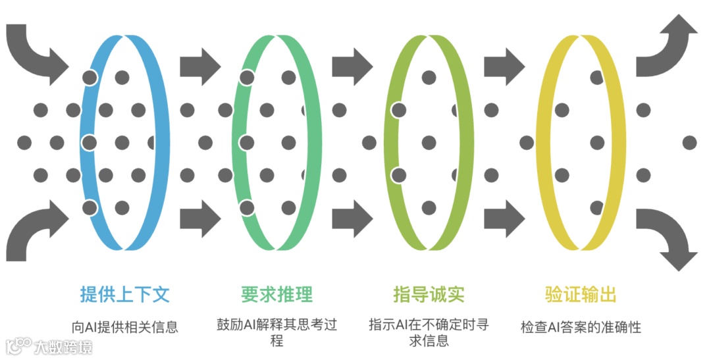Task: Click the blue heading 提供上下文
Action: click(x=124, y=294)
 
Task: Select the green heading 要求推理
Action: click(x=276, y=294)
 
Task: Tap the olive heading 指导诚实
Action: click(x=429, y=294)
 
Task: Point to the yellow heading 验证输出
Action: click(x=581, y=294)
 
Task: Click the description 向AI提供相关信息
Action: click(x=124, y=326)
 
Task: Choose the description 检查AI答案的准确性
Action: click(x=581, y=326)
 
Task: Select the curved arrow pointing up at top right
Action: click(x=665, y=46)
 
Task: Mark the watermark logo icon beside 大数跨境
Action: click(x=19, y=346)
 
